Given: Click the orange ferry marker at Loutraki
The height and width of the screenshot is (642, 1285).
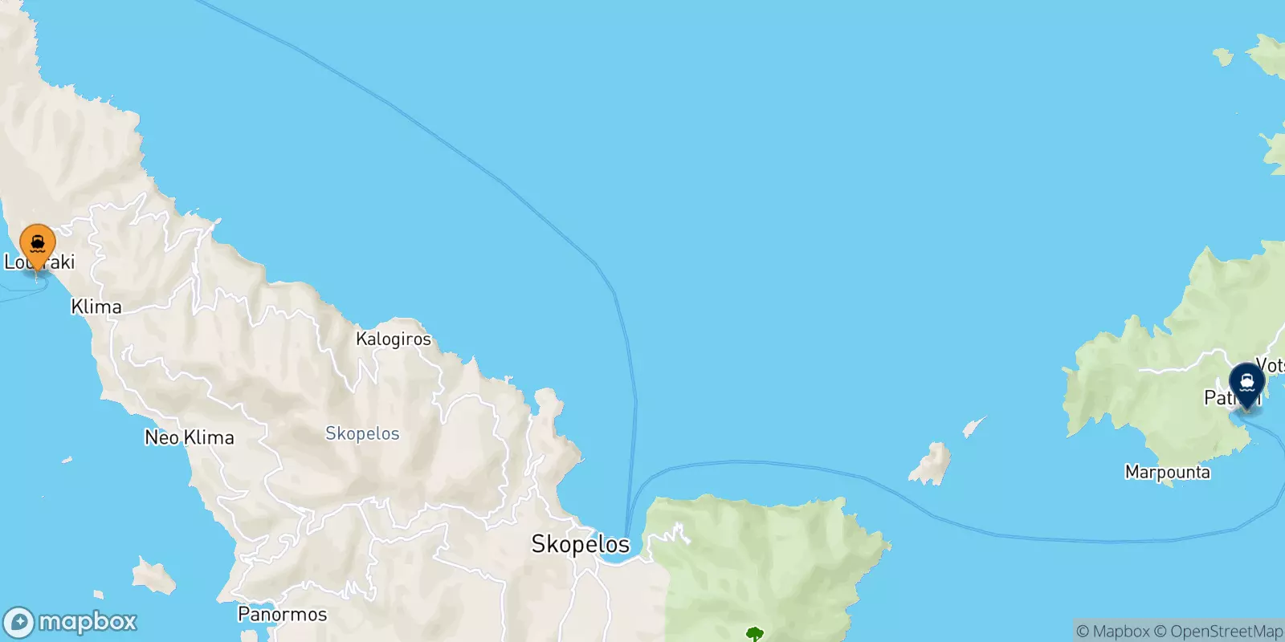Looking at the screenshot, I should [37, 244].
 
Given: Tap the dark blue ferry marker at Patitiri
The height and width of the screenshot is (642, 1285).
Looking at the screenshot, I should [1246, 382].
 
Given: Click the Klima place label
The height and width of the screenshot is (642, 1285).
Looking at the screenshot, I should [96, 307].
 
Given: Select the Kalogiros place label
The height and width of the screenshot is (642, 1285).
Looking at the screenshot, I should [394, 339].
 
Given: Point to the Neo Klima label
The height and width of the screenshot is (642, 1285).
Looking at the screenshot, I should [190, 437].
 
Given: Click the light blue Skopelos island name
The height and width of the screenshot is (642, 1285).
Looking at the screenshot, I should [362, 433].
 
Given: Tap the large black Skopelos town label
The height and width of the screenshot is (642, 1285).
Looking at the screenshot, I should [580, 544].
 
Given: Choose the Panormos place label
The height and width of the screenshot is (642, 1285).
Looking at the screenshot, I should [283, 615].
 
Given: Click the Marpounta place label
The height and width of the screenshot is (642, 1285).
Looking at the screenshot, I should [1167, 472].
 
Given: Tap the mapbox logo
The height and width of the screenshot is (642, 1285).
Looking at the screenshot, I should [71, 622].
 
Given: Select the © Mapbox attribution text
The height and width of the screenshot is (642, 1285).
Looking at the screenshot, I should [1112, 632].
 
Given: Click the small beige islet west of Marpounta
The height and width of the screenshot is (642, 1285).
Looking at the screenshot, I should [931, 465].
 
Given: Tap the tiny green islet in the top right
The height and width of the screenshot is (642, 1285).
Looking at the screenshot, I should [1222, 56].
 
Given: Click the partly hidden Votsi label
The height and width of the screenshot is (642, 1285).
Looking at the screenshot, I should [1271, 366].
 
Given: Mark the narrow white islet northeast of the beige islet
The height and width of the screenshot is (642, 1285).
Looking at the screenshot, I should [973, 425].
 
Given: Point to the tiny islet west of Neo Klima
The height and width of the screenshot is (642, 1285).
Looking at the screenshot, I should [66, 461].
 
